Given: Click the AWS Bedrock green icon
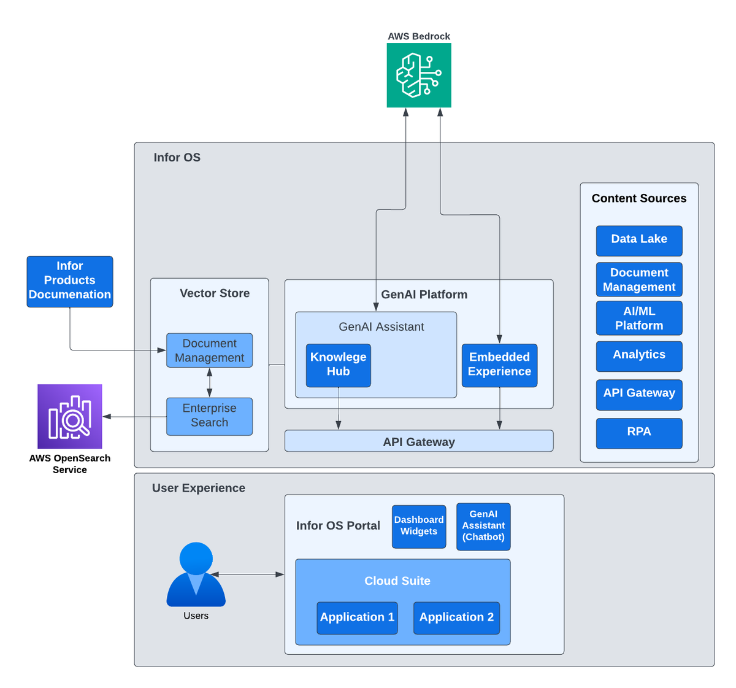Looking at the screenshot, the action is pyautogui.click(x=418, y=75).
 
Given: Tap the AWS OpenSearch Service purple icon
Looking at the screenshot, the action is pyautogui.click(x=70, y=416).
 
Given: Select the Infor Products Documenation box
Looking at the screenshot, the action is pyautogui.click(x=70, y=282).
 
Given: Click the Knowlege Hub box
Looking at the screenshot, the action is pyautogui.click(x=338, y=365).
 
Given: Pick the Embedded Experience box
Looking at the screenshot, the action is pyautogui.click(x=499, y=365).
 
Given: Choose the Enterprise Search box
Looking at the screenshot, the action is pyautogui.click(x=209, y=417).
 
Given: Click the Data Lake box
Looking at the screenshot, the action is pyautogui.click(x=639, y=241).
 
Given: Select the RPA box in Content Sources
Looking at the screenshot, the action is pyautogui.click(x=639, y=433).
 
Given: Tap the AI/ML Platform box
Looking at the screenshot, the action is pyautogui.click(x=639, y=318).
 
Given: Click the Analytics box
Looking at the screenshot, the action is pyautogui.click(x=639, y=356).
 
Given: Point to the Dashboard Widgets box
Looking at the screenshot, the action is pyautogui.click(x=419, y=527).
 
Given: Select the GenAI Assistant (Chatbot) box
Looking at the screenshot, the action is pyautogui.click(x=483, y=527).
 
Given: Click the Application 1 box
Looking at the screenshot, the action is pyautogui.click(x=357, y=618).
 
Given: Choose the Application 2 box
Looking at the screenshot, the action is pyautogui.click(x=456, y=618).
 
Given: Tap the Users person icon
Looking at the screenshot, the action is pyautogui.click(x=196, y=574).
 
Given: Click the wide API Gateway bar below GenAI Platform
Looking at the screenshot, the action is pyautogui.click(x=419, y=441).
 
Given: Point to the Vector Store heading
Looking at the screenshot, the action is pyautogui.click(x=215, y=293).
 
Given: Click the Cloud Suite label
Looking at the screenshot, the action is pyautogui.click(x=397, y=581).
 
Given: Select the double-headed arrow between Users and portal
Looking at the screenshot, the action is pyautogui.click(x=247, y=574).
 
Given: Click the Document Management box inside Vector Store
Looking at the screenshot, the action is pyautogui.click(x=209, y=350).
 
